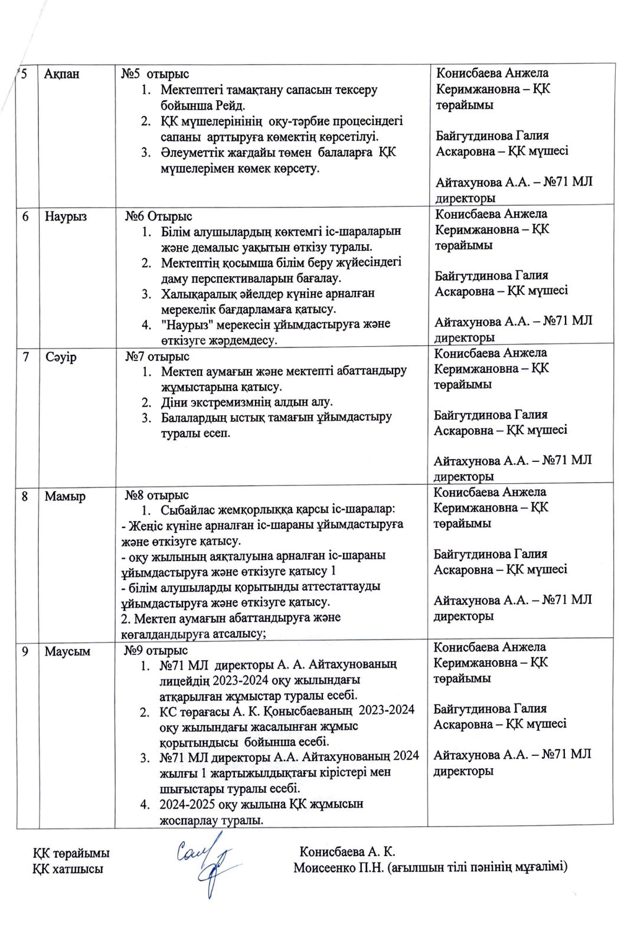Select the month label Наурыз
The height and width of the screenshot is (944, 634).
(x=65, y=216)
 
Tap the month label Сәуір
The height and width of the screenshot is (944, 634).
(x=61, y=357)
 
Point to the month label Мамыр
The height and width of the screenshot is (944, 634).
(x=65, y=496)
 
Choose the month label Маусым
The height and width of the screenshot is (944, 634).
(x=67, y=651)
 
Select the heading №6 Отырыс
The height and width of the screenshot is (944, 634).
(x=158, y=217)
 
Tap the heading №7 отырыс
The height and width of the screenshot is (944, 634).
(x=157, y=356)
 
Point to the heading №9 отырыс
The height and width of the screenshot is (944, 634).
(x=155, y=650)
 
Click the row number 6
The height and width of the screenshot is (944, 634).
(x=25, y=216)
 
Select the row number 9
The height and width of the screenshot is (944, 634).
(x=25, y=651)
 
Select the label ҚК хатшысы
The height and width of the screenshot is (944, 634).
(x=68, y=868)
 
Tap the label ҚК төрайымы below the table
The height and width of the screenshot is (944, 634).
(x=71, y=853)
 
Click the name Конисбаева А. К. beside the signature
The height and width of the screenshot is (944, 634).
(x=347, y=851)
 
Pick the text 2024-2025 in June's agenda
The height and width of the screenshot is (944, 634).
(x=187, y=804)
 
